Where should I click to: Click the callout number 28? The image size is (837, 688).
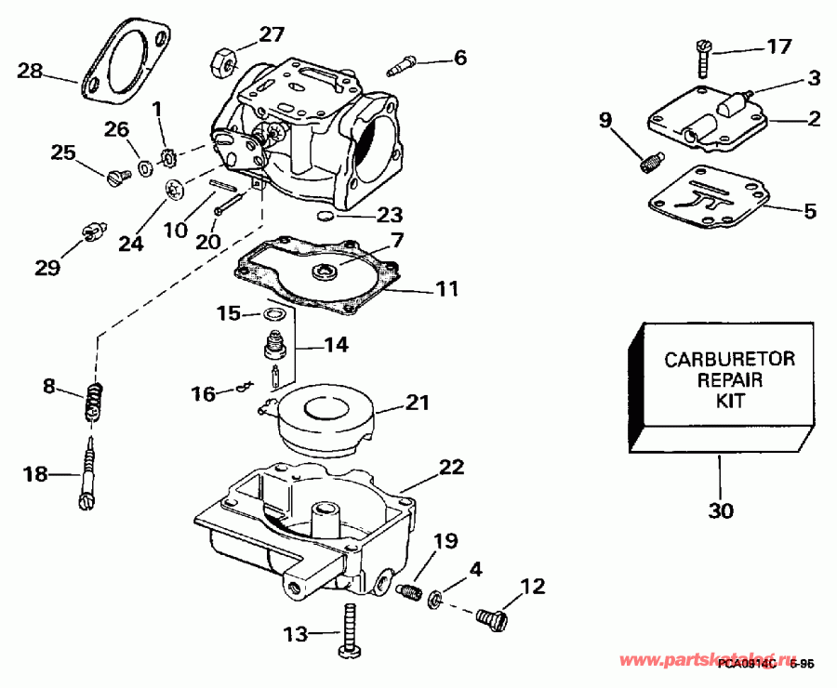[x=30, y=71]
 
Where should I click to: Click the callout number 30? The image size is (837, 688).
[x=721, y=510]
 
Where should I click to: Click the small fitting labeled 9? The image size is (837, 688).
[x=649, y=163]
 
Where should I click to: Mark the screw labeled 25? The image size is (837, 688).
[x=117, y=176]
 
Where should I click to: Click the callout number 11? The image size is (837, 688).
[x=447, y=289]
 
